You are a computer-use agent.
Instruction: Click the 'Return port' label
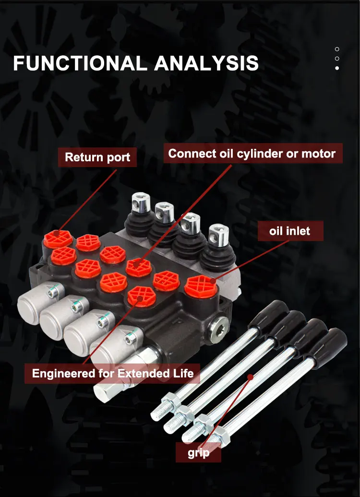(97, 158)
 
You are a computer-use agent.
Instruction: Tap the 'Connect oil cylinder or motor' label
(252, 154)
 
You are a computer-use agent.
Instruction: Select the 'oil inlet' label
(289, 231)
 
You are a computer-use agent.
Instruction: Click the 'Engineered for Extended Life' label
(113, 373)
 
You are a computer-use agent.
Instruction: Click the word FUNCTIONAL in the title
(80, 64)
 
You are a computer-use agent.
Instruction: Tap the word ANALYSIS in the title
(207, 64)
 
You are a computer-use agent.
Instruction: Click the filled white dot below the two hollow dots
(337, 68)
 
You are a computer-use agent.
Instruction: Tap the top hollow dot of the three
(337, 49)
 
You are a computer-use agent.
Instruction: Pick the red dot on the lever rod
(250, 377)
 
